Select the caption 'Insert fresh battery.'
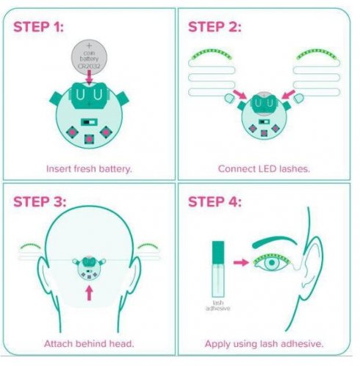point(89,168)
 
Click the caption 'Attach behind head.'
point(89,344)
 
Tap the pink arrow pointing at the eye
point(238,260)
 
